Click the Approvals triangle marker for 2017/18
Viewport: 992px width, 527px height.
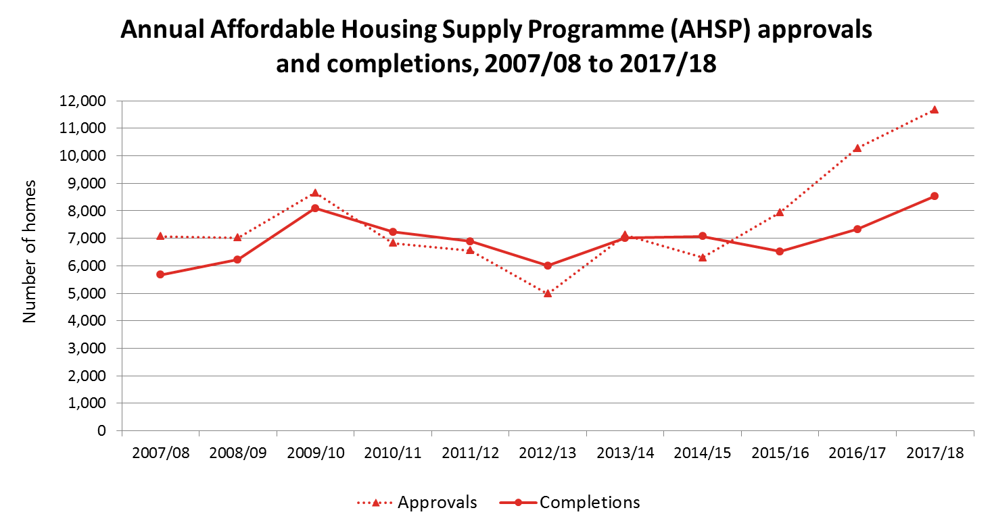click(x=935, y=109)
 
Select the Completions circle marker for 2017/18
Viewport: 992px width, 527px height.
click(x=935, y=196)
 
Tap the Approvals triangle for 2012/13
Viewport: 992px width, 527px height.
click(x=548, y=293)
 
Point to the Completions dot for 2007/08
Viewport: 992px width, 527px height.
click(x=160, y=274)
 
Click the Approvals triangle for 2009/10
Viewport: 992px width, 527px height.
click(x=315, y=193)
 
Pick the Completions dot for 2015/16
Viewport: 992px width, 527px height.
click(x=780, y=251)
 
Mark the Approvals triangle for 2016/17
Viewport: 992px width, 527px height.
click(x=857, y=148)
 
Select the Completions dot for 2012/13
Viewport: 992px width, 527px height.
click(x=548, y=266)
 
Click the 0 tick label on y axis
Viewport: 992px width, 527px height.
click(x=102, y=430)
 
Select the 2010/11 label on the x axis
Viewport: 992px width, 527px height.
click(x=393, y=453)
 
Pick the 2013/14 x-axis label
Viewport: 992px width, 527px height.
click(x=625, y=453)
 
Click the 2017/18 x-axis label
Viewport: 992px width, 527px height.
click(x=935, y=453)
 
